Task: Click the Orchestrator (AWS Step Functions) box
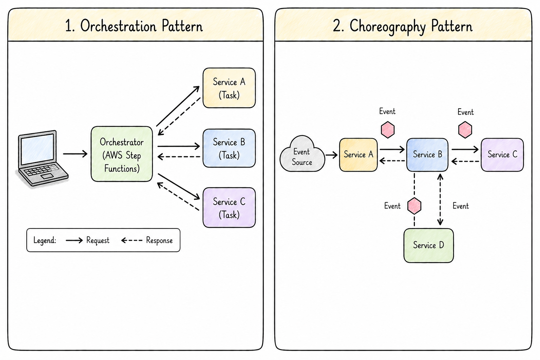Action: (x=122, y=154)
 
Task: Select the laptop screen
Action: (x=37, y=148)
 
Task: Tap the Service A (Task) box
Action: (x=229, y=88)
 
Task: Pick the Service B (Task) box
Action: (x=229, y=148)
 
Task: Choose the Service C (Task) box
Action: (x=229, y=208)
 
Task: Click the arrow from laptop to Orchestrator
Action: (x=75, y=154)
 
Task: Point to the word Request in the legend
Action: (x=98, y=240)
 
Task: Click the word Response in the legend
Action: (x=159, y=240)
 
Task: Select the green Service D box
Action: (x=429, y=245)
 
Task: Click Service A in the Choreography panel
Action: (x=359, y=155)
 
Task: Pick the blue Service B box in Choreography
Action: (x=427, y=155)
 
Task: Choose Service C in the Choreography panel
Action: (x=502, y=155)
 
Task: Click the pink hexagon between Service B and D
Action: (x=414, y=206)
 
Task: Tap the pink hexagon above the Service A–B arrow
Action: (x=388, y=130)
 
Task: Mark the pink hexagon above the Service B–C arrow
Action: (x=465, y=130)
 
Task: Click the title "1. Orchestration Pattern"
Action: (x=134, y=26)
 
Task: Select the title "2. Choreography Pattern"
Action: (x=403, y=26)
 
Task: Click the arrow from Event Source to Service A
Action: (x=332, y=155)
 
